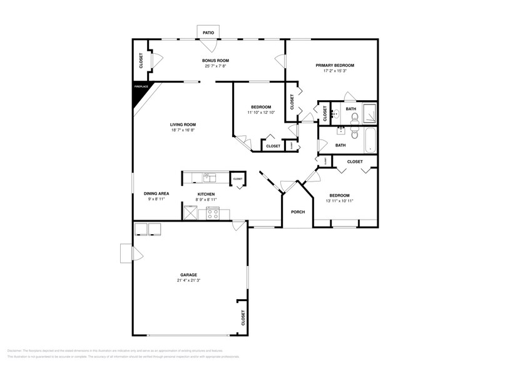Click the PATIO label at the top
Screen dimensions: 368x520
pyautogui.click(x=208, y=31)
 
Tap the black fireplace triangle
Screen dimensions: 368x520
pyautogui.click(x=139, y=91)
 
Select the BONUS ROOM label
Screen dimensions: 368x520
pyautogui.click(x=215, y=61)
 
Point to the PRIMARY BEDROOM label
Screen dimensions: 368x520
pyautogui.click(x=335, y=65)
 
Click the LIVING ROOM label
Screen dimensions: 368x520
pyautogui.click(x=183, y=125)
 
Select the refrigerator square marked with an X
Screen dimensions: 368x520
pyautogui.click(x=190, y=213)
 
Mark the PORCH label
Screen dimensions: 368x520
pyautogui.click(x=298, y=212)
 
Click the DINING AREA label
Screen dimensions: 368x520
pyautogui.click(x=156, y=194)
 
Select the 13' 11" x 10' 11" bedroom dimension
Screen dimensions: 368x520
pyautogui.click(x=340, y=200)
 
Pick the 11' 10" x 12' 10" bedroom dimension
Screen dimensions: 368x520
pyautogui.click(x=261, y=113)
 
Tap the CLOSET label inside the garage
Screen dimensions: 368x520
pyautogui.click(x=243, y=318)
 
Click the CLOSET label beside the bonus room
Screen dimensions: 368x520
pyautogui.click(x=141, y=60)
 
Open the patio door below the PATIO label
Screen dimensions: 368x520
pyautogui.click(x=209, y=46)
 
